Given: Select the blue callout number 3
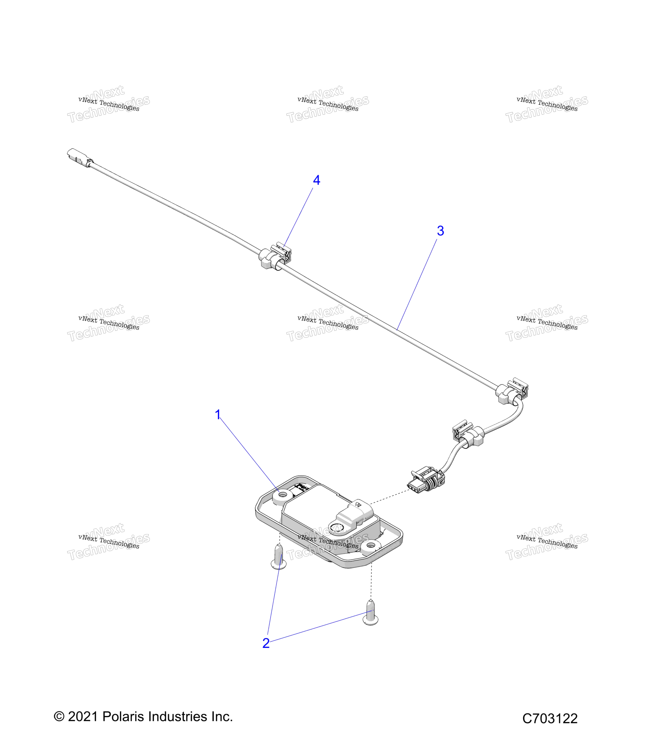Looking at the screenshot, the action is [x=440, y=231].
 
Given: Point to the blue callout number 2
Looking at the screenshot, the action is [x=266, y=643].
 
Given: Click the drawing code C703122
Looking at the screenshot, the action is [x=550, y=718].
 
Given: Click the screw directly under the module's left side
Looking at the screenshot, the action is [x=279, y=557].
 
